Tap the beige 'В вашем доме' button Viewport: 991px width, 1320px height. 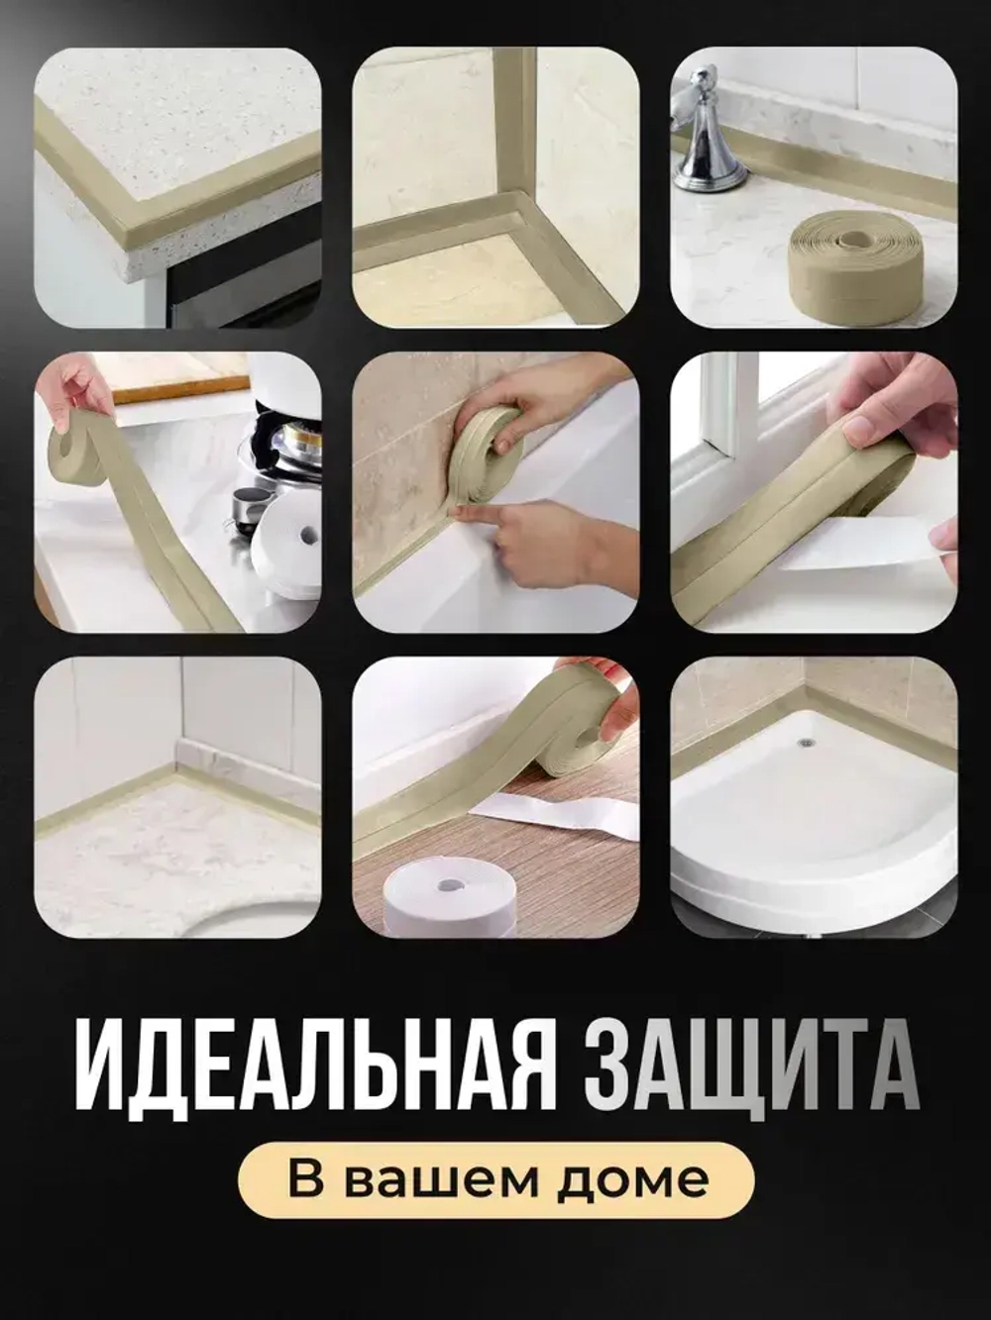[495, 1179]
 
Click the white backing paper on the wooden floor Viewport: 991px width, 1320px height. [555, 807]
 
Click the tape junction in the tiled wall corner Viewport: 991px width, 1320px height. [515, 213]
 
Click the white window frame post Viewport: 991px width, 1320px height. [718, 406]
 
